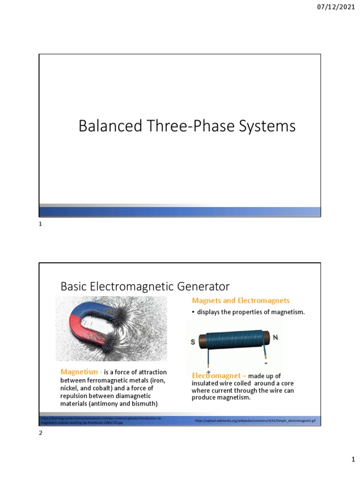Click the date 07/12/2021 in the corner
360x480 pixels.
336,7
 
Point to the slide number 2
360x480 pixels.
40,434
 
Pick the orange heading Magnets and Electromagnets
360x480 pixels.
240,300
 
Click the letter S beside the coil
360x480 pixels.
193,342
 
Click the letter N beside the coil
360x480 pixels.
276,337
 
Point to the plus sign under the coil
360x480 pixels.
208,371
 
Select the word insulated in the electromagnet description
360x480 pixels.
205,383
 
